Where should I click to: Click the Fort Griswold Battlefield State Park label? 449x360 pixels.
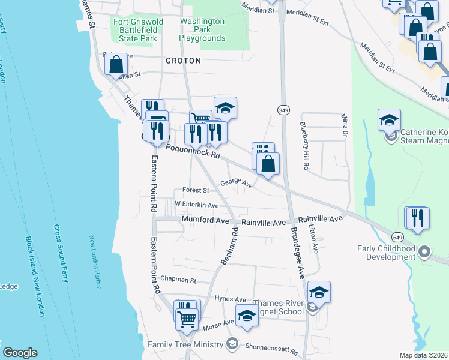[138, 30]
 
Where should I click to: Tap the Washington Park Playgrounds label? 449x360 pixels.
[202, 29]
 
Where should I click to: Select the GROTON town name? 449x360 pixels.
[183, 61]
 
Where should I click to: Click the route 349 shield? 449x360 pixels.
[283, 109]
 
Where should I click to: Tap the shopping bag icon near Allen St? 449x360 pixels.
[116, 64]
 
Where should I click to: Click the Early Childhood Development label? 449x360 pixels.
[386, 253]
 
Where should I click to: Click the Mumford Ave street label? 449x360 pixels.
[205, 221]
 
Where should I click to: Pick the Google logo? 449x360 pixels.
[20, 353]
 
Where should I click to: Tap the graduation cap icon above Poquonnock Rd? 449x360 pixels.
[225, 108]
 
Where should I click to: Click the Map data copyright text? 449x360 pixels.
[423, 355]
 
